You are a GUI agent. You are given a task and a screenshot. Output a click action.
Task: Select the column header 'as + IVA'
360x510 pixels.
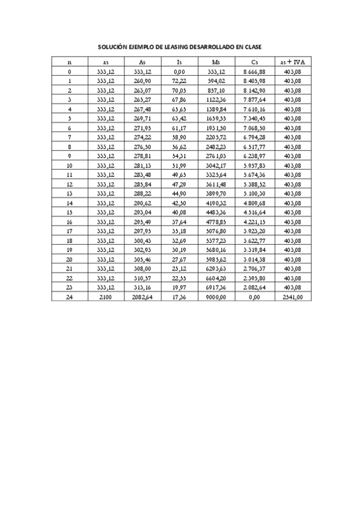click(x=291, y=62)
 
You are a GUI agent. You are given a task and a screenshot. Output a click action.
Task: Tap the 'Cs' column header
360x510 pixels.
click(x=254, y=62)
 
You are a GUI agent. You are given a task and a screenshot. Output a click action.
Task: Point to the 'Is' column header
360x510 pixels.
click(x=179, y=62)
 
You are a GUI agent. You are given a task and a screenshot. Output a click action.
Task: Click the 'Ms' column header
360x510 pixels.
click(x=216, y=62)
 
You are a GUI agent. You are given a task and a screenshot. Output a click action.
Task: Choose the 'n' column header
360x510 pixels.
click(x=70, y=62)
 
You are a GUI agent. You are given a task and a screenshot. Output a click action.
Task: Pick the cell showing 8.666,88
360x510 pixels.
click(x=254, y=71)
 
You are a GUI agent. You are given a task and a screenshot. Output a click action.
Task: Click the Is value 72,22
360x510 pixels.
click(x=179, y=80)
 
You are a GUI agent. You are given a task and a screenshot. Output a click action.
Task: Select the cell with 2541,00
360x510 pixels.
click(x=291, y=296)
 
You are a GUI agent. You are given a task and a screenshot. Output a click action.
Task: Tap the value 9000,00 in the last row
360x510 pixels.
click(x=216, y=296)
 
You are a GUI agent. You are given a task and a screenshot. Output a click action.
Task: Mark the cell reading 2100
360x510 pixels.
click(x=106, y=296)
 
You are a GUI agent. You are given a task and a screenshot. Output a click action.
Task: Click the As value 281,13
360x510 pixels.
click(x=142, y=165)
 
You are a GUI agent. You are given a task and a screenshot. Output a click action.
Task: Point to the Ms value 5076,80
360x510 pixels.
click(x=216, y=230)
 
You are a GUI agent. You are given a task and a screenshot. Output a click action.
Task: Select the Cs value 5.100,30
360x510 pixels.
click(x=254, y=193)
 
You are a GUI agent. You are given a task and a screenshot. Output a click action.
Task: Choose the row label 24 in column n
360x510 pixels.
click(x=70, y=296)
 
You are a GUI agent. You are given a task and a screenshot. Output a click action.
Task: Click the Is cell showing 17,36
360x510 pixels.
click(x=179, y=296)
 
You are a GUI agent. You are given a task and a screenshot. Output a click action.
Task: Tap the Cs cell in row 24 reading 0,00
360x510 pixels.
click(x=254, y=296)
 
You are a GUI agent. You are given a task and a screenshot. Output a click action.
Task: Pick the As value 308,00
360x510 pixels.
click(x=142, y=268)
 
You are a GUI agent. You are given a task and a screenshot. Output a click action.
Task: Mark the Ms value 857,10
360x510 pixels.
click(x=216, y=90)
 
